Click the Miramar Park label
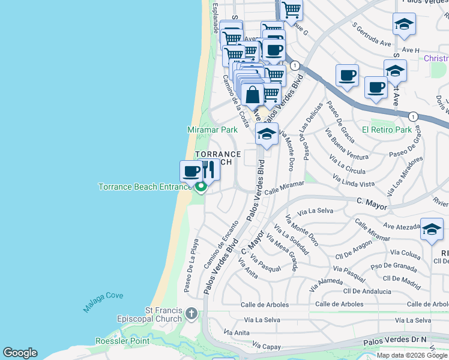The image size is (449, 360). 212,130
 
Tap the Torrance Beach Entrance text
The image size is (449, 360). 144,187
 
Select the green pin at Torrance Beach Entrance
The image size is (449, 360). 200,188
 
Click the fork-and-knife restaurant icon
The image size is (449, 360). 208,170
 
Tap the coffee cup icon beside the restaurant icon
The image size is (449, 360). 191,172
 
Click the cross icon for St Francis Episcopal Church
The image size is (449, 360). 191,313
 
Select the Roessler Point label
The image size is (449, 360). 122,341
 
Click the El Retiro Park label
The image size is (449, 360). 387,130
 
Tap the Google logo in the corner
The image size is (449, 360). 20,353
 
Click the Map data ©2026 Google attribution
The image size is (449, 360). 412,355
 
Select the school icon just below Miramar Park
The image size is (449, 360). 267,134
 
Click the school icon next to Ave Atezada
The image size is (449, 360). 432,229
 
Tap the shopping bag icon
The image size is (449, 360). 253,94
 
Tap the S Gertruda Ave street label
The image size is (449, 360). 372,35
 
